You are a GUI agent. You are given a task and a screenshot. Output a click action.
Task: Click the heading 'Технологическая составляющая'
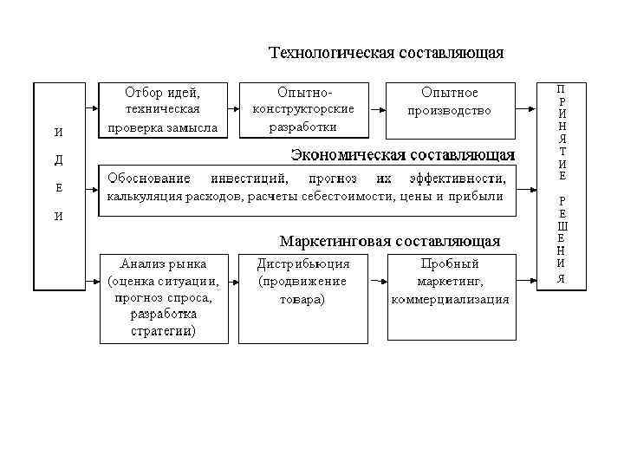coord(386,54)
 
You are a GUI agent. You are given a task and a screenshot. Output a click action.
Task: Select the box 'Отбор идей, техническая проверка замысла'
coord(162,110)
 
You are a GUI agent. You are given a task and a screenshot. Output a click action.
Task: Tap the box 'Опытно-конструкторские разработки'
coord(302,110)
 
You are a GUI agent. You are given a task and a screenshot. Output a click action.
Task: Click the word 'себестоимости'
coord(365,197)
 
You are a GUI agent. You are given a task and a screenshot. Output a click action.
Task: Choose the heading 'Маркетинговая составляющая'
coord(389,240)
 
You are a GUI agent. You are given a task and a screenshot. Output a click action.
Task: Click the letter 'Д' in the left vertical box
coord(58,160)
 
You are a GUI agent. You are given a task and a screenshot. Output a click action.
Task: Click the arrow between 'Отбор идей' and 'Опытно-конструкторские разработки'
coord(231,110)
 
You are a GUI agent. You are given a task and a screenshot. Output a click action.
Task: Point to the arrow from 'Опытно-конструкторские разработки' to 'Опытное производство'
coord(374,110)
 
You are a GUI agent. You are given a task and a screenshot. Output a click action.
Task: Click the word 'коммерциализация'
coord(450,300)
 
